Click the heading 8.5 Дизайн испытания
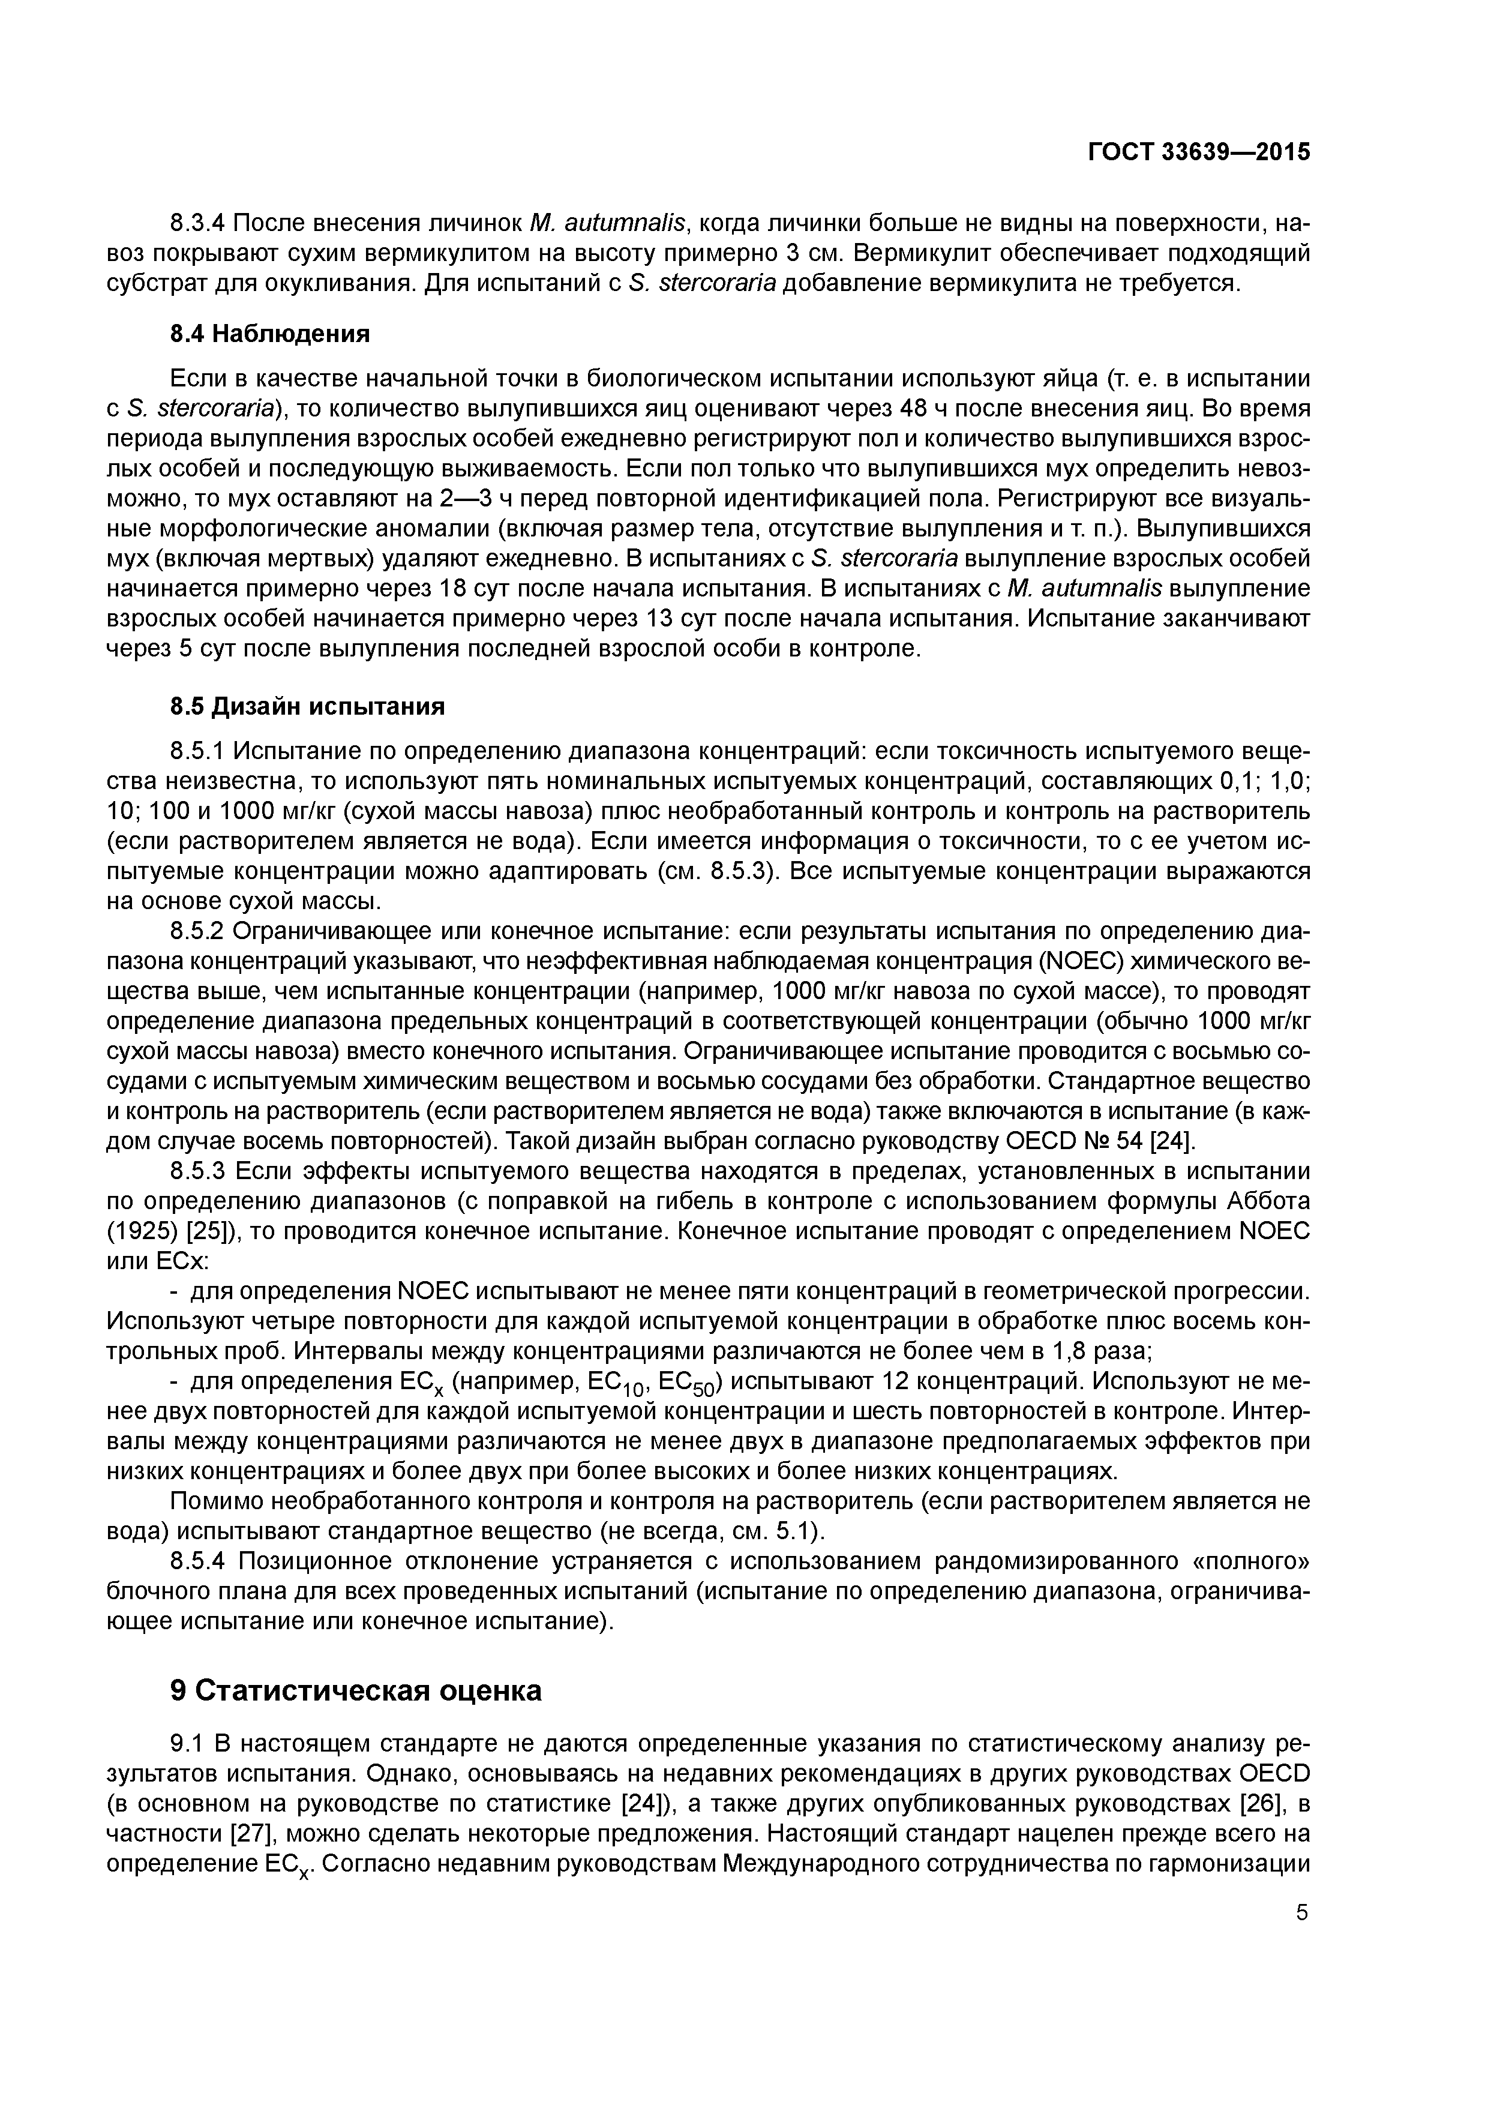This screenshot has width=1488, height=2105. pyautogui.click(x=307, y=707)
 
